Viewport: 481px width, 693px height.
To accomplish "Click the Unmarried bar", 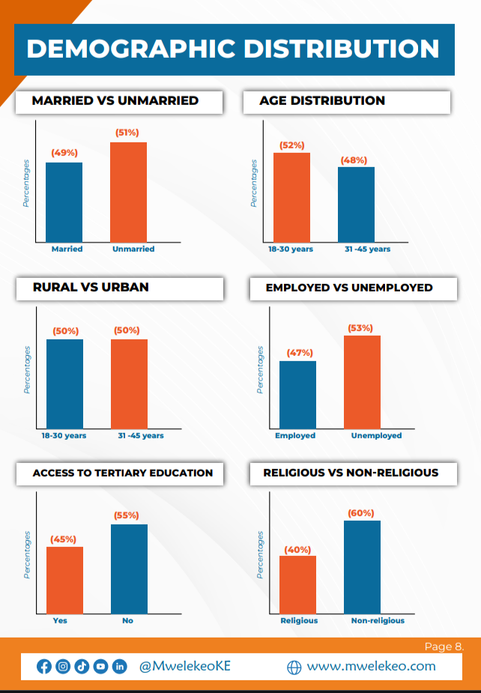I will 128,192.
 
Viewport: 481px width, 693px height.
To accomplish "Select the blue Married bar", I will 64,202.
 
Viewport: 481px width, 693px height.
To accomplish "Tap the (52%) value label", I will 291,145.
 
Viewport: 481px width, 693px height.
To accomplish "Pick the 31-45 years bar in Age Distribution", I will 356,204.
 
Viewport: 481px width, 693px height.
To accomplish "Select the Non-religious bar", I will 363,567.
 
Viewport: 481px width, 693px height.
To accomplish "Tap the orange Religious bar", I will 298,584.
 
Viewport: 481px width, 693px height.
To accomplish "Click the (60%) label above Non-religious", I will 361,513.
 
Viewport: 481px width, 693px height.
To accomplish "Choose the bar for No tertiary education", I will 130,569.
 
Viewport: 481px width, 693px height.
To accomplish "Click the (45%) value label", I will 63,539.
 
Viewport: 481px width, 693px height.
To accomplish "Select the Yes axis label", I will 60,620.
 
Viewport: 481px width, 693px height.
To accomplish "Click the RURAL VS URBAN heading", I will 91,287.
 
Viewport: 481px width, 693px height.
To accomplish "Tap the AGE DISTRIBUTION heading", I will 322,100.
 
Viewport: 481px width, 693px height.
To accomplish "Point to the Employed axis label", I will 295,435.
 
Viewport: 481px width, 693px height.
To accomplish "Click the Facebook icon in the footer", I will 44,666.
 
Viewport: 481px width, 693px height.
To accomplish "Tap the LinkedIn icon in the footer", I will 119,666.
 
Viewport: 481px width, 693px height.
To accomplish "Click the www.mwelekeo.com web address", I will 371,666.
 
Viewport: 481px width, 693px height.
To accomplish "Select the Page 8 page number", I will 444,646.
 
